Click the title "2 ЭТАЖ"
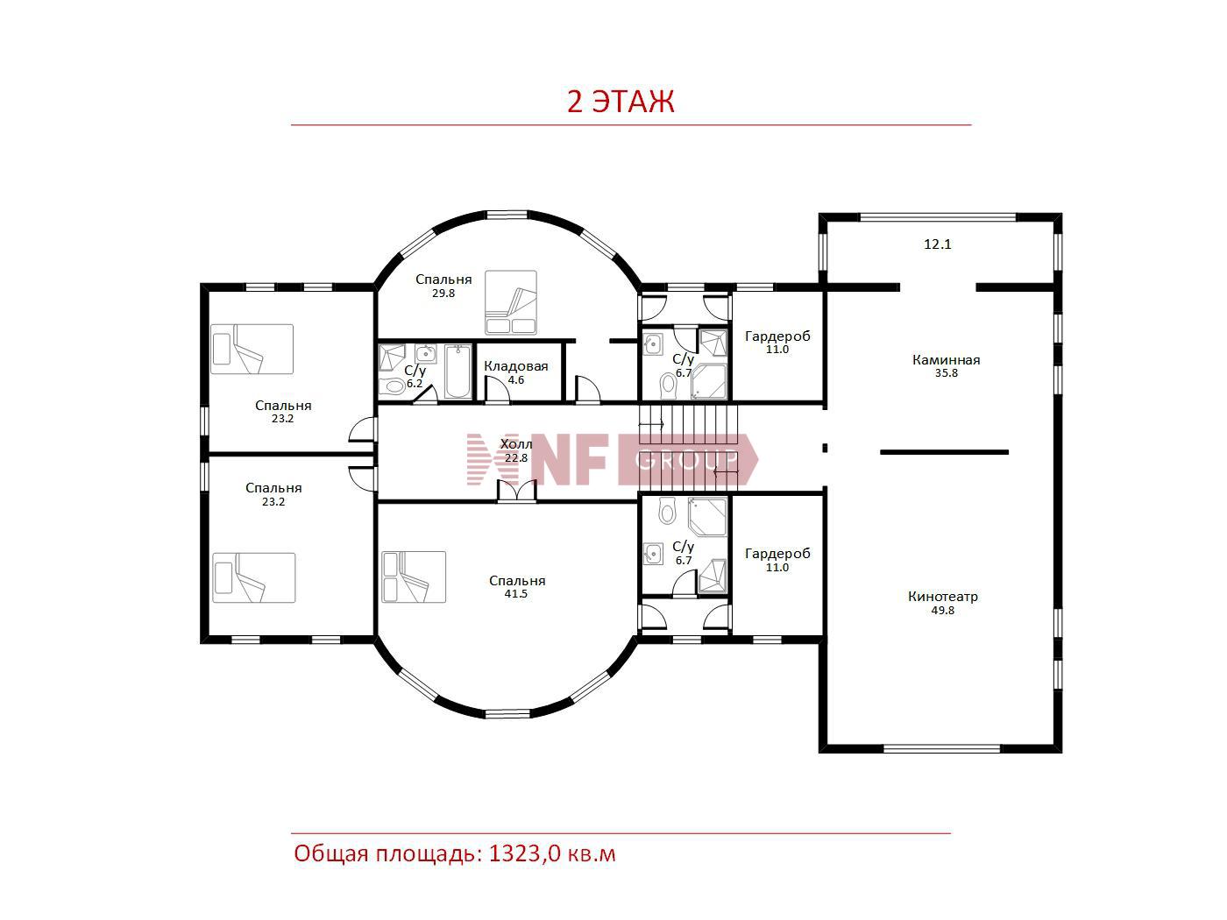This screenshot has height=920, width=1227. tap(621, 102)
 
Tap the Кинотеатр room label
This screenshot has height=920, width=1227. tap(942, 597)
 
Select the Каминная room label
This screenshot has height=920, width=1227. tap(946, 360)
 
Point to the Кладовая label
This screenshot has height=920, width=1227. tap(515, 366)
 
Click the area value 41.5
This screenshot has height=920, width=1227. tap(515, 594)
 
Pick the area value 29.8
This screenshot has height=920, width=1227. tap(443, 294)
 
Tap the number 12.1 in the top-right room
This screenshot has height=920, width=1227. tap(938, 244)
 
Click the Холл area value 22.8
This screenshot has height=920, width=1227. tap(516, 458)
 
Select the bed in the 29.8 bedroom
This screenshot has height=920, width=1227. tap(510, 303)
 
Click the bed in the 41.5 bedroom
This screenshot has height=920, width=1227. tap(414, 577)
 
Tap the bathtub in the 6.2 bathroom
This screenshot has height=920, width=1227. tap(457, 372)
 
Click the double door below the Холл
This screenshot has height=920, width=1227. tap(516, 492)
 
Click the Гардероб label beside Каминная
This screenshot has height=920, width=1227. tap(777, 336)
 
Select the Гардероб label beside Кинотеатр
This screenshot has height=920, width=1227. tap(777, 554)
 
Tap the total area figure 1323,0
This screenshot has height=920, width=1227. tap(524, 854)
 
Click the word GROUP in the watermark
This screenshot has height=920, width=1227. tap(686, 461)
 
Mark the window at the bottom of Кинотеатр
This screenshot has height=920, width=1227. tap(941, 748)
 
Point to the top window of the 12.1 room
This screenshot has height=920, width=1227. tap(938, 217)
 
